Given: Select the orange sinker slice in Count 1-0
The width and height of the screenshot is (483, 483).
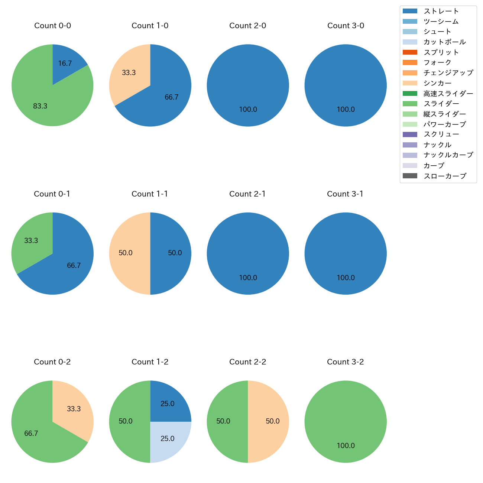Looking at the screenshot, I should click(128, 74).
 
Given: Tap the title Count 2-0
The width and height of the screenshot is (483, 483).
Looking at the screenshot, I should click(248, 26).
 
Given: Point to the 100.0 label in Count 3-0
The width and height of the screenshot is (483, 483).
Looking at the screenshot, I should click(346, 110).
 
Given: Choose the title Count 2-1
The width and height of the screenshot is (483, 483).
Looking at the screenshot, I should click(247, 194).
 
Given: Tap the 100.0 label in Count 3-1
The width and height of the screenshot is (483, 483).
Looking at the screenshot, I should click(346, 278).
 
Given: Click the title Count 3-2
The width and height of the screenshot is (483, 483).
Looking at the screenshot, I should click(346, 362).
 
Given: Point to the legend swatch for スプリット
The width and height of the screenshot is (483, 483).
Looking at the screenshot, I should click(410, 52).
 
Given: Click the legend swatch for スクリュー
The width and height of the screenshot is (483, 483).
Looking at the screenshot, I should click(410, 134).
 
